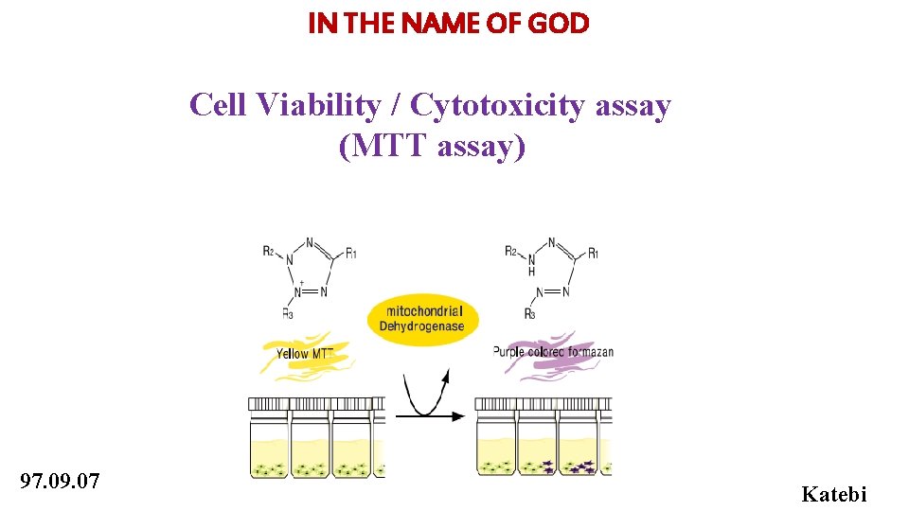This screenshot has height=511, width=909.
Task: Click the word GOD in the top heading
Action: tap(559, 25)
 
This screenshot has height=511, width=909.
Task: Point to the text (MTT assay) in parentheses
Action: tap(431, 147)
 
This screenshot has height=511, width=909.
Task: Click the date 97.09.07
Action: tap(59, 481)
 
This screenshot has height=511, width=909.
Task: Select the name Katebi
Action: tap(833, 493)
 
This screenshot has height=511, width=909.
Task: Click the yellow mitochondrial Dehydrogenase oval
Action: tap(421, 318)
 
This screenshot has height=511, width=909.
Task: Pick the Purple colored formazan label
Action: tap(553, 352)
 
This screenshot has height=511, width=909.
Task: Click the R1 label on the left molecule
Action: tap(351, 253)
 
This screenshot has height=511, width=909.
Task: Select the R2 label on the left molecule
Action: tap(270, 251)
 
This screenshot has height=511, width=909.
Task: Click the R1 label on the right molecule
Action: tap(593, 253)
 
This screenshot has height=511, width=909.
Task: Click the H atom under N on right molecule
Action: tap(531, 271)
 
